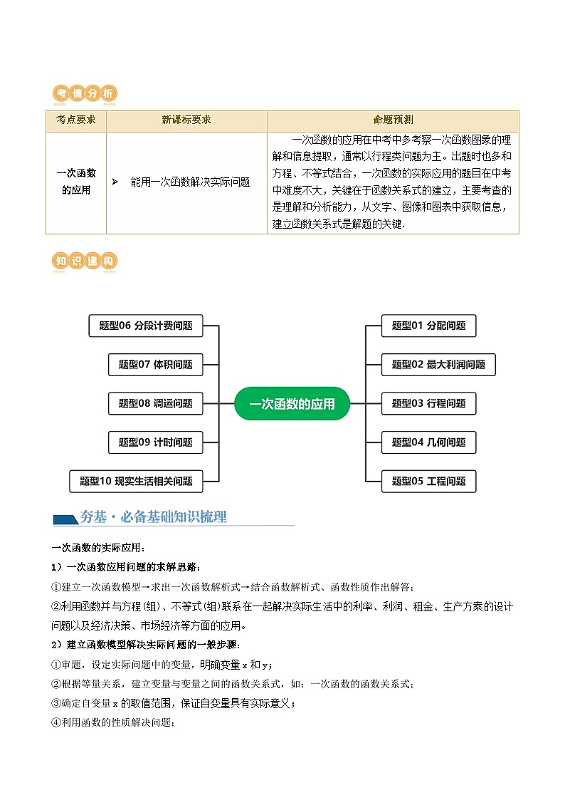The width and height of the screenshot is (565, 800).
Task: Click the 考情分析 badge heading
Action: click(85, 94)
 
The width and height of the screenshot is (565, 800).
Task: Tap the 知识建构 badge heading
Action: click(85, 261)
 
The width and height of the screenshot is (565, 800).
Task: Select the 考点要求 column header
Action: click(76, 120)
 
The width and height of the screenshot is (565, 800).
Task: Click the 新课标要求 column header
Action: click(186, 120)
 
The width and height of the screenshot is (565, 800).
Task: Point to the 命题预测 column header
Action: click(393, 120)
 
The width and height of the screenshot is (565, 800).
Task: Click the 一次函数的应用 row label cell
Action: click(76, 182)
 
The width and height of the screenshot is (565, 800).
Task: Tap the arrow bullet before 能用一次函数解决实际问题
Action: click(115, 182)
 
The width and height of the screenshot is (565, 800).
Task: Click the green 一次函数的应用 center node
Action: click(292, 404)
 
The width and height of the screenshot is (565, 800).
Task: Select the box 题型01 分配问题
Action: click(428, 326)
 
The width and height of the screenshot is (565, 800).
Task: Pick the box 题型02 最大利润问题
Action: click(438, 365)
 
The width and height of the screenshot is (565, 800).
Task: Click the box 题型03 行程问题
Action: click(428, 403)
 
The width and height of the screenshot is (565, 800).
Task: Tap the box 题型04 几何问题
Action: click(428, 442)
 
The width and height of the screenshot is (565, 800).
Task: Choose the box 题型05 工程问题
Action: click(428, 481)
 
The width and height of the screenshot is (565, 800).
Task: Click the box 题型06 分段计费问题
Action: click(146, 326)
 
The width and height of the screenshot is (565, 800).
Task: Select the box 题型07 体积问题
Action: click(155, 365)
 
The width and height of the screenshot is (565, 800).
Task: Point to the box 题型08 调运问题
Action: click(155, 403)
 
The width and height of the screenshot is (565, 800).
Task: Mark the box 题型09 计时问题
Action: click(155, 442)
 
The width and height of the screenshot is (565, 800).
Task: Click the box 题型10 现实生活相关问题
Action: click(136, 481)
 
